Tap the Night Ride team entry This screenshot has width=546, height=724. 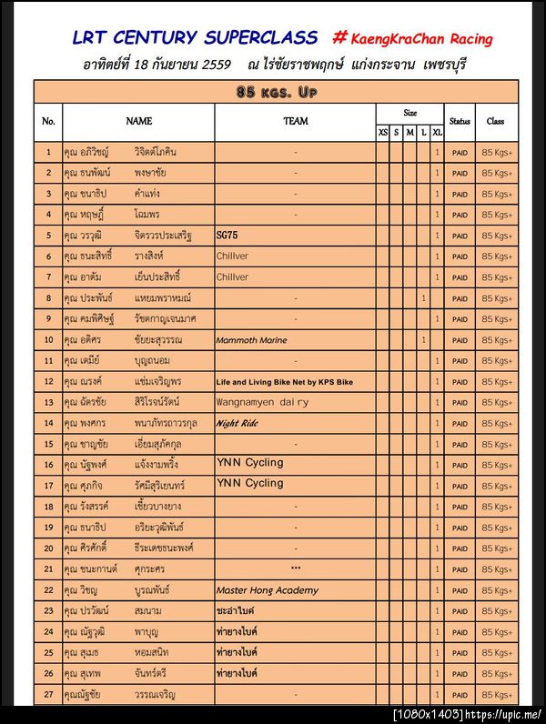click(x=238, y=423)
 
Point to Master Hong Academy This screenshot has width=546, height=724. click(x=267, y=590)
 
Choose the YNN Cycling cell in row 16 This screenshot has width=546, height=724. click(x=249, y=463)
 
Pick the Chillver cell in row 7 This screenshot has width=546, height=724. click(x=232, y=277)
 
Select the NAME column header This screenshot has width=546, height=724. click(x=138, y=121)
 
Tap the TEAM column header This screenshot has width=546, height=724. click(x=295, y=121)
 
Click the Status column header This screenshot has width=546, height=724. click(x=460, y=121)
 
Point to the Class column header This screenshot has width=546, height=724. click(x=496, y=121)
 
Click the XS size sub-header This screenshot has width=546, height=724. click(x=383, y=133)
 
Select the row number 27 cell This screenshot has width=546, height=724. click(x=48, y=695)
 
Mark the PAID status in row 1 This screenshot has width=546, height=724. click(x=460, y=152)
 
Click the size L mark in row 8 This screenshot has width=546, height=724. click(x=424, y=298)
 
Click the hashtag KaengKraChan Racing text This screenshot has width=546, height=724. click(x=413, y=39)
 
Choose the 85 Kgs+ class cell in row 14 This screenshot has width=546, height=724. click(x=497, y=424)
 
